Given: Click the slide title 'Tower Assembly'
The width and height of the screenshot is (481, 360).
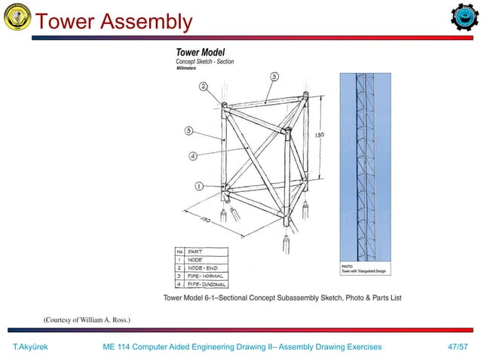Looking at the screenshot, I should [x=114, y=22].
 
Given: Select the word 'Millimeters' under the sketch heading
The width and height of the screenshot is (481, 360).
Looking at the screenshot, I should [x=190, y=68].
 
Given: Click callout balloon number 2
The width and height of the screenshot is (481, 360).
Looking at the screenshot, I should [x=204, y=87].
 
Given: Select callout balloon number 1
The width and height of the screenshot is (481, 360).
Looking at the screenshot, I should [x=199, y=185].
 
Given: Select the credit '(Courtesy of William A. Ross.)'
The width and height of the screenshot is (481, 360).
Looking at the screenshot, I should [x=87, y=321].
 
